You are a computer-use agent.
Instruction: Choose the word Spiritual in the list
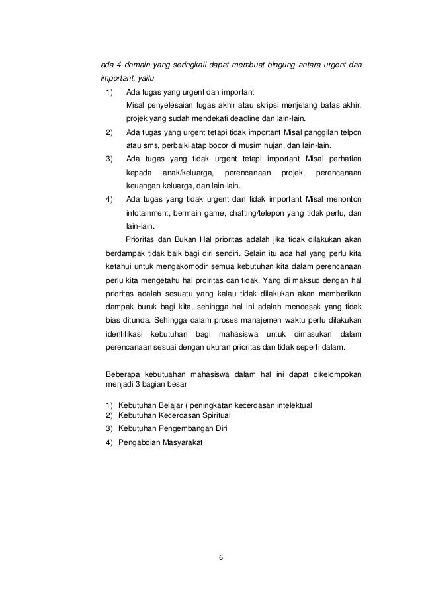(x=211, y=415)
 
